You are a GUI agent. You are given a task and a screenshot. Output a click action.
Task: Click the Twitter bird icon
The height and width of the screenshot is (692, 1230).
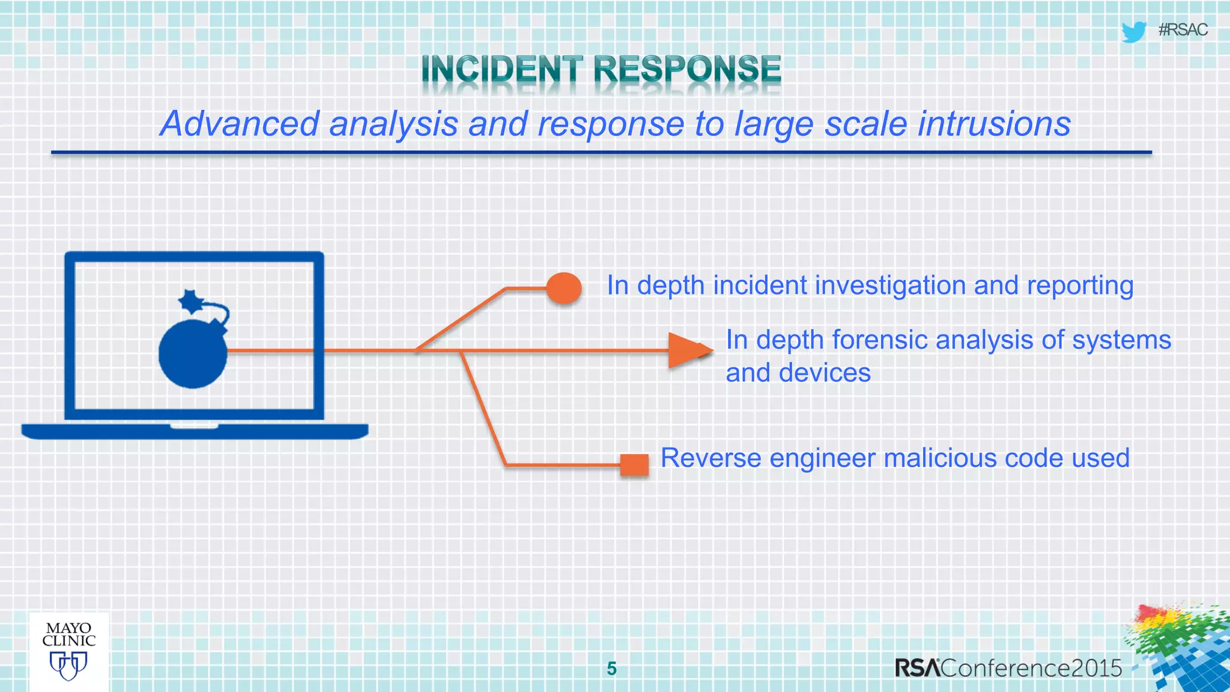coord(1134,31)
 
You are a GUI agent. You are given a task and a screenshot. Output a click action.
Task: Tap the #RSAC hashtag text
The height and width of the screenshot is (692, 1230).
coord(1183,30)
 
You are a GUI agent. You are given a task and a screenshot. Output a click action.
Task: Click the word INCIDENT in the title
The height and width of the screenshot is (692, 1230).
coord(501,69)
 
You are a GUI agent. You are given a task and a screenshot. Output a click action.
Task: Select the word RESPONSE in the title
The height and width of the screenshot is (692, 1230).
coord(687,69)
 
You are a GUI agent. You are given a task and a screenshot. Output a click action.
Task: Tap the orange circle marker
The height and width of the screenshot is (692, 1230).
coord(564,288)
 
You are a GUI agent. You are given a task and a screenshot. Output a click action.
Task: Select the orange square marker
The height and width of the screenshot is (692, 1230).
coord(634,465)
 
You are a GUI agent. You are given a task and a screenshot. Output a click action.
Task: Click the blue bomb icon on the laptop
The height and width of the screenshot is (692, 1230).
coord(193,353)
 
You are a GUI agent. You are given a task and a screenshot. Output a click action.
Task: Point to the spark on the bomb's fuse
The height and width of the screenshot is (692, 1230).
coord(192,301)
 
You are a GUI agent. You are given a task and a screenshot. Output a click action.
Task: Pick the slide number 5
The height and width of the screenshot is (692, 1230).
coord(611,669)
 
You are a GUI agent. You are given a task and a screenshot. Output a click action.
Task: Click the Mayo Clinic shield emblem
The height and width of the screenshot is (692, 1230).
coord(68,666)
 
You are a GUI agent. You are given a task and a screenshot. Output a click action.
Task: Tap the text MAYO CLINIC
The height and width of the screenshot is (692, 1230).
coord(68,635)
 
